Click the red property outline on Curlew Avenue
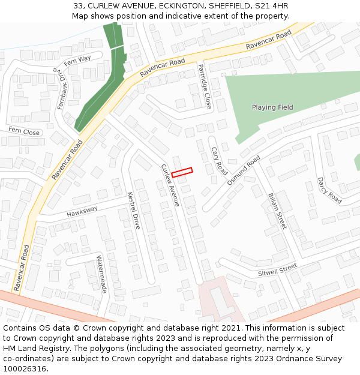182,172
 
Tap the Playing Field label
272,107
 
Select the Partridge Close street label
205,86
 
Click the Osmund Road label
244,170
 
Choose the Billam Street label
277,211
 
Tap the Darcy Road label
329,190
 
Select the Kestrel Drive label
134,211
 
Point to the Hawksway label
82,212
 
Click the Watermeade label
101,274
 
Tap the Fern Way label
77,59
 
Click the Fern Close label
23,132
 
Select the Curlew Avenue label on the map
170,185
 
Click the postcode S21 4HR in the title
272,6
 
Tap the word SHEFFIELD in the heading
228,6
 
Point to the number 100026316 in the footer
25,368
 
